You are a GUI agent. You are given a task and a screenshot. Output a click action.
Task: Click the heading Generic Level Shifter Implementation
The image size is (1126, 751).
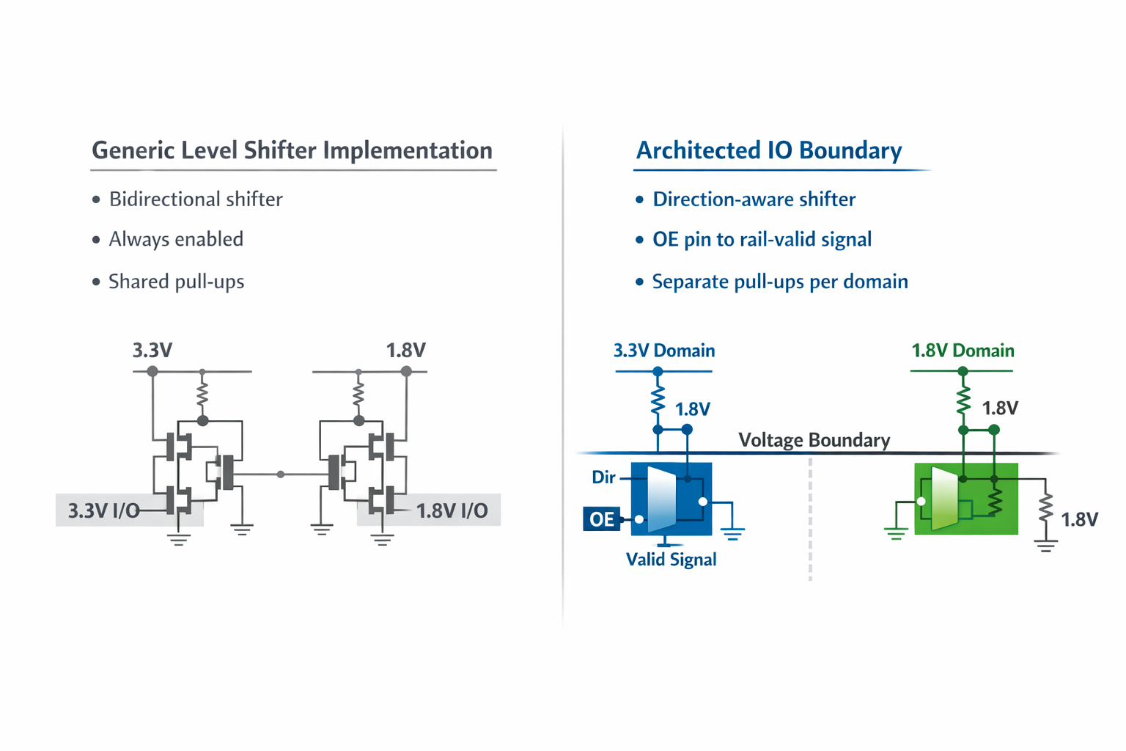(292, 150)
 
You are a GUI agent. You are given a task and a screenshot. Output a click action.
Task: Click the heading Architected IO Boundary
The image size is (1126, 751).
(768, 150)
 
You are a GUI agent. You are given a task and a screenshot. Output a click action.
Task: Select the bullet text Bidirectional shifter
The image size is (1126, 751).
(195, 199)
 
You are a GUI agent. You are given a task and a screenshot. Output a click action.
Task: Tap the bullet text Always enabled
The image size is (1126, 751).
(176, 240)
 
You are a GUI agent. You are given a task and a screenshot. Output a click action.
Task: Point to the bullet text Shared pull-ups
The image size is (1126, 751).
(176, 282)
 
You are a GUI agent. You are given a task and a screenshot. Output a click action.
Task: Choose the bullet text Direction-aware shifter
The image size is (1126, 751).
(754, 199)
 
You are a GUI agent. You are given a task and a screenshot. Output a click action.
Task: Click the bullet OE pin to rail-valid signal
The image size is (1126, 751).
(762, 240)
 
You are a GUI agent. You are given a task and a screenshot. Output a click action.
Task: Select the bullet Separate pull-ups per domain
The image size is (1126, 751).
(779, 282)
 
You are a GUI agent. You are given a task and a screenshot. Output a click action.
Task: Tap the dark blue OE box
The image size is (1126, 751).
(601, 519)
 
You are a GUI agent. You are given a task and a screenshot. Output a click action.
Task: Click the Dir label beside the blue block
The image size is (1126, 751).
(603, 477)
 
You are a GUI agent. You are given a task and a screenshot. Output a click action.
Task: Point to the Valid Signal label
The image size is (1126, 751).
(671, 560)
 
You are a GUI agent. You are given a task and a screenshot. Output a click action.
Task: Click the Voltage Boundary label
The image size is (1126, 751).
(814, 440)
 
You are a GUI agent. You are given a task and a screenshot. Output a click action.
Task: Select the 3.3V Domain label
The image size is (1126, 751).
(663, 351)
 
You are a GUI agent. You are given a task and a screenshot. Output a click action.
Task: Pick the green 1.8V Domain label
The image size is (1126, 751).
(962, 351)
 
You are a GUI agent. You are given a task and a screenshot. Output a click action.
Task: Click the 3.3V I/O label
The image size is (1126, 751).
(103, 510)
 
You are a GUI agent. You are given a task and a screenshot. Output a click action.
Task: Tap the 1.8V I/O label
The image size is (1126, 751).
(452, 510)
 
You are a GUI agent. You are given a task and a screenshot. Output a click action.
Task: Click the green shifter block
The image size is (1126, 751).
(966, 499)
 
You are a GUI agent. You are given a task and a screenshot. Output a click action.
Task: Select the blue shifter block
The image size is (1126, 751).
(671, 499)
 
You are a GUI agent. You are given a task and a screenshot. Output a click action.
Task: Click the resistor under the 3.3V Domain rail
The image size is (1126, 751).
(658, 400)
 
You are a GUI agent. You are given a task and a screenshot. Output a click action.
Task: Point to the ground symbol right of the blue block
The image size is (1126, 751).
(732, 533)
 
